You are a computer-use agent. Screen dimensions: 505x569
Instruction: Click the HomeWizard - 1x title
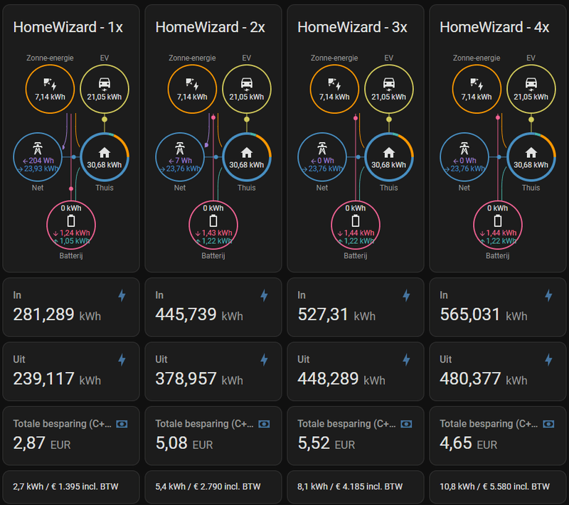pos(68,28)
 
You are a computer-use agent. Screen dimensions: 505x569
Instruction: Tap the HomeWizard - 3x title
pos(352,28)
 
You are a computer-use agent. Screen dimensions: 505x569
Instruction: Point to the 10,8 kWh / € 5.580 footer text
pos(494,487)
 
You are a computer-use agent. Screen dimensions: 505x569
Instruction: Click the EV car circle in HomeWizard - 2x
pos(246,88)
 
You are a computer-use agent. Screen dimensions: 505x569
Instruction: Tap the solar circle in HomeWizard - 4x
pos(477,88)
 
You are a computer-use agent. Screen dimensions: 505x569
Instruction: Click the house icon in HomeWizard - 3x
pos(388,151)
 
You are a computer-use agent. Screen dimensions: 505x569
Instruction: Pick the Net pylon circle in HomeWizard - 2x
pos(180,156)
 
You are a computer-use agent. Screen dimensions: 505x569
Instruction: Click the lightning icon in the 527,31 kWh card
pos(406,295)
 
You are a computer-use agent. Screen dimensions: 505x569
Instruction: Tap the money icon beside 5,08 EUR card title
pos(264,424)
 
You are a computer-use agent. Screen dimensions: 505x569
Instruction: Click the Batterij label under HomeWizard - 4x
pos(498,255)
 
